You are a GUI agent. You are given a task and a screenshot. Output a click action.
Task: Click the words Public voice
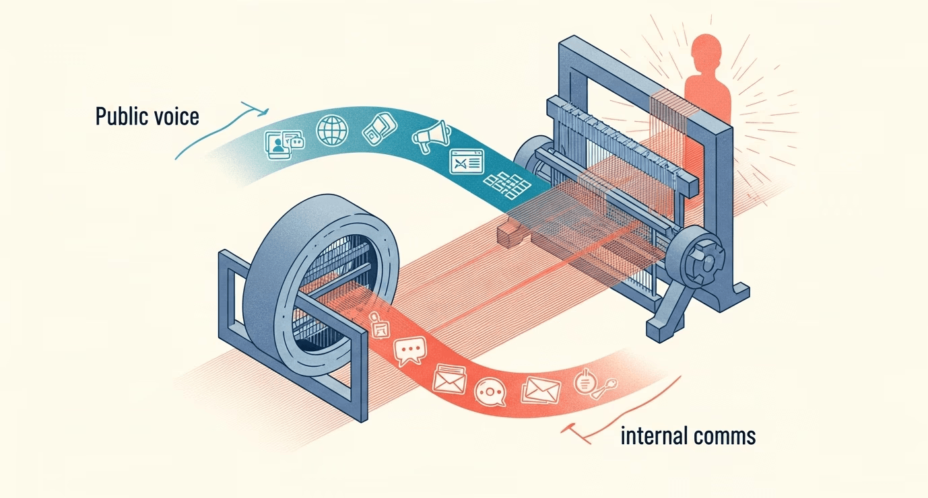click(x=147, y=116)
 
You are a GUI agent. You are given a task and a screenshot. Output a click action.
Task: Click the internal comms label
click(x=687, y=436)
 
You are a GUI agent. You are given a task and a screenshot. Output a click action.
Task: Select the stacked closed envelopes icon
click(x=541, y=389)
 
